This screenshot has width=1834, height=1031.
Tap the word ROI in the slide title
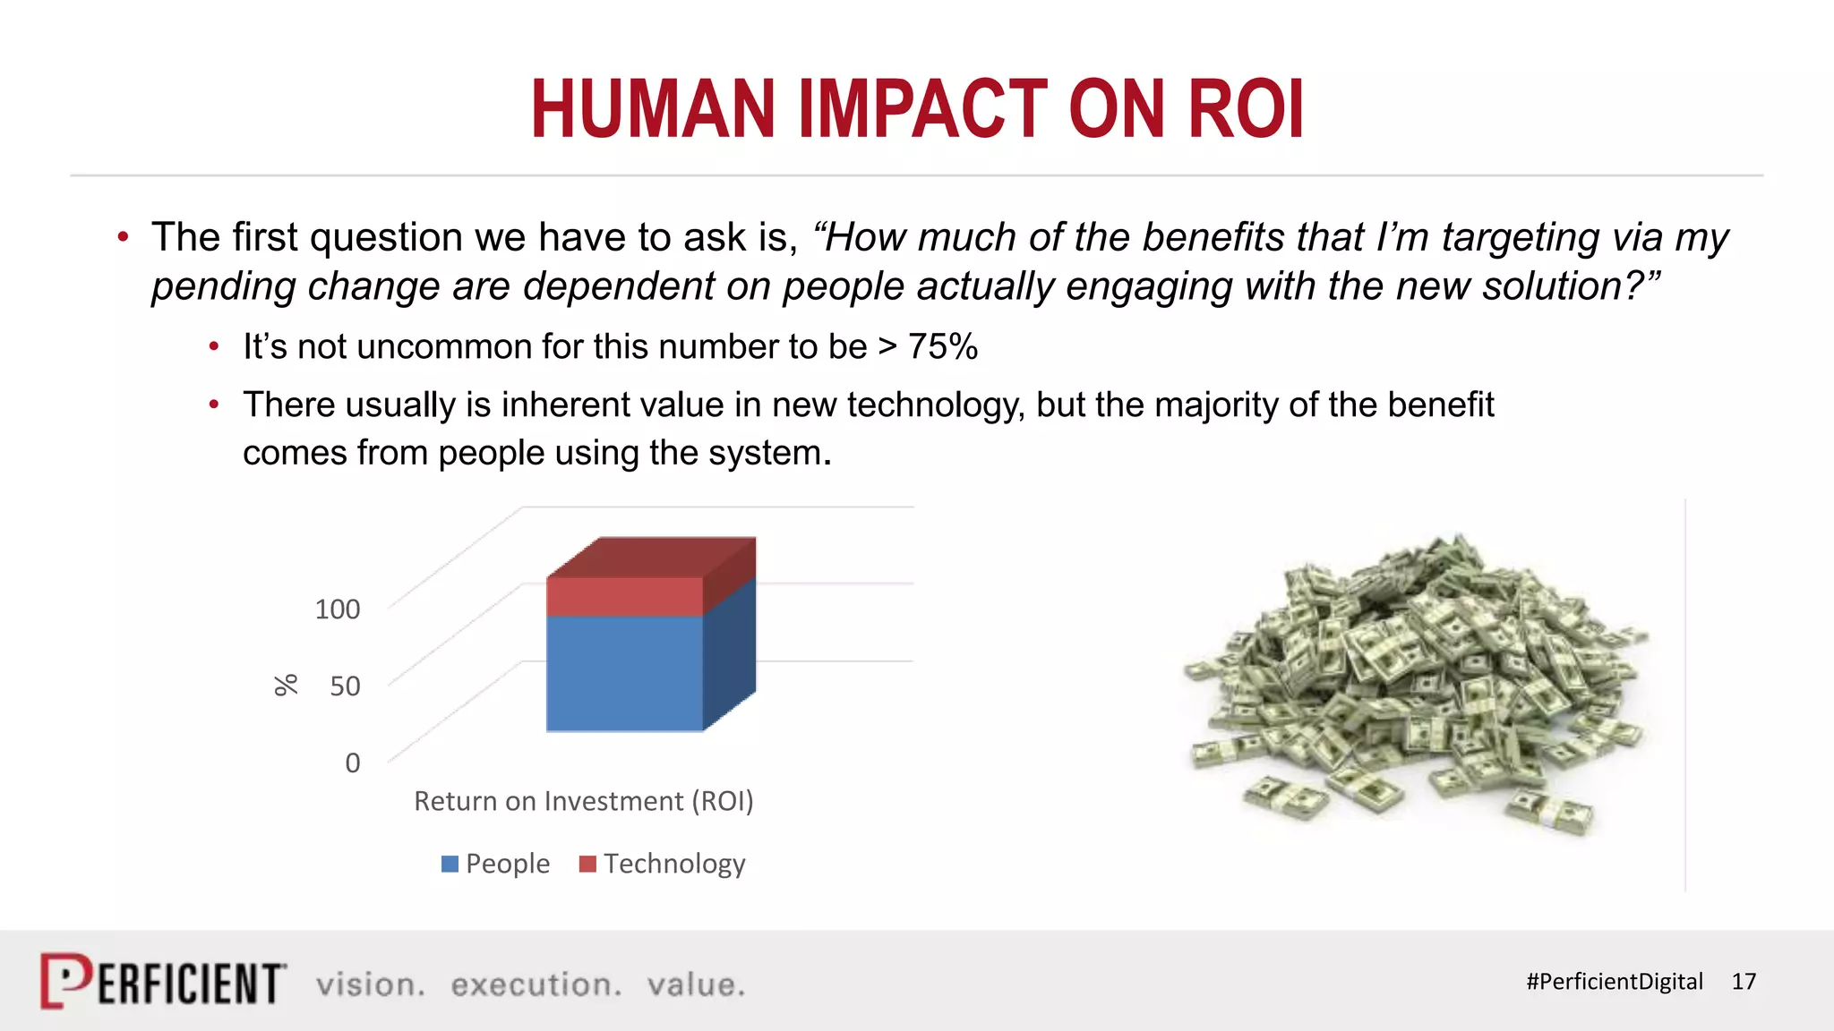point(1246,109)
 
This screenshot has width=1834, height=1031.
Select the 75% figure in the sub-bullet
point(942,347)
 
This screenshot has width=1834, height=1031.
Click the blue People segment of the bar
point(624,673)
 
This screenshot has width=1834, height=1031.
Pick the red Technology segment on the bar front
point(624,596)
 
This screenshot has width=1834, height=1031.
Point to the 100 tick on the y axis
point(338,609)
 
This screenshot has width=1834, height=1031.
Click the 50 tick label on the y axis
point(345,686)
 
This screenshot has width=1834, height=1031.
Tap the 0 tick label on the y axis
point(353,763)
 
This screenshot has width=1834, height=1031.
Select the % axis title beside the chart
point(286,686)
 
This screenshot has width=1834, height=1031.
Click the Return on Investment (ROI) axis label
point(583,801)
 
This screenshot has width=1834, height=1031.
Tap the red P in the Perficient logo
point(65,981)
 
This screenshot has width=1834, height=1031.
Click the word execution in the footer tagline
point(536,984)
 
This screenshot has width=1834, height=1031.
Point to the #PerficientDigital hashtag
point(1614,982)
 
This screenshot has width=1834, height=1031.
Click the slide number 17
point(1743,982)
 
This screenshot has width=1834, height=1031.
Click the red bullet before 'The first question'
point(124,237)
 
